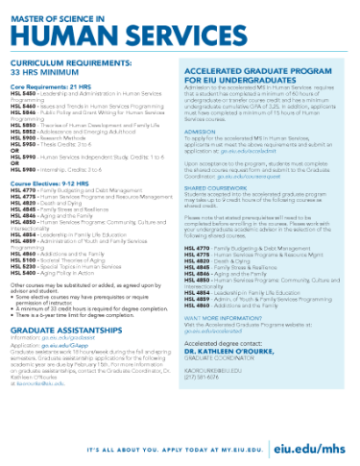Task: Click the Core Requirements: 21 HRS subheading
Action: point(47,86)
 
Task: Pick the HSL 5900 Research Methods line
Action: point(48,139)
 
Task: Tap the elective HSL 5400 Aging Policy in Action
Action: point(58,274)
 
